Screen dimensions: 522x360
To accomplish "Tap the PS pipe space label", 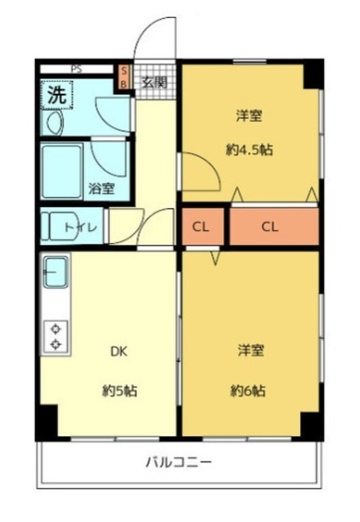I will click(x=76, y=69).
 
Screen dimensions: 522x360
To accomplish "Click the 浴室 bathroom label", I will click(x=101, y=188).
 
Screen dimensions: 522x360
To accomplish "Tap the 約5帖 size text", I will click(x=118, y=391).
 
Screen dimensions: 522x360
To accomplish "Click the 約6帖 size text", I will click(x=249, y=391).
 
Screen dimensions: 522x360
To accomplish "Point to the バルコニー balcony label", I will click(x=180, y=462).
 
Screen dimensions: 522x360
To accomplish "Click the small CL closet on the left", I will click(x=202, y=228).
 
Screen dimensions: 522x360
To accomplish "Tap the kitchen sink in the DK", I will click(x=56, y=269).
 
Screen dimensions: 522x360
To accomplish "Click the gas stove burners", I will click(x=56, y=335).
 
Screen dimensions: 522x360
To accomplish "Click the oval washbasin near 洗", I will click(x=56, y=123).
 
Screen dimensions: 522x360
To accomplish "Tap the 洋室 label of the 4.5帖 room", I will click(x=250, y=116).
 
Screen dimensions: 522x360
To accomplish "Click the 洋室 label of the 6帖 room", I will click(x=249, y=351).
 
